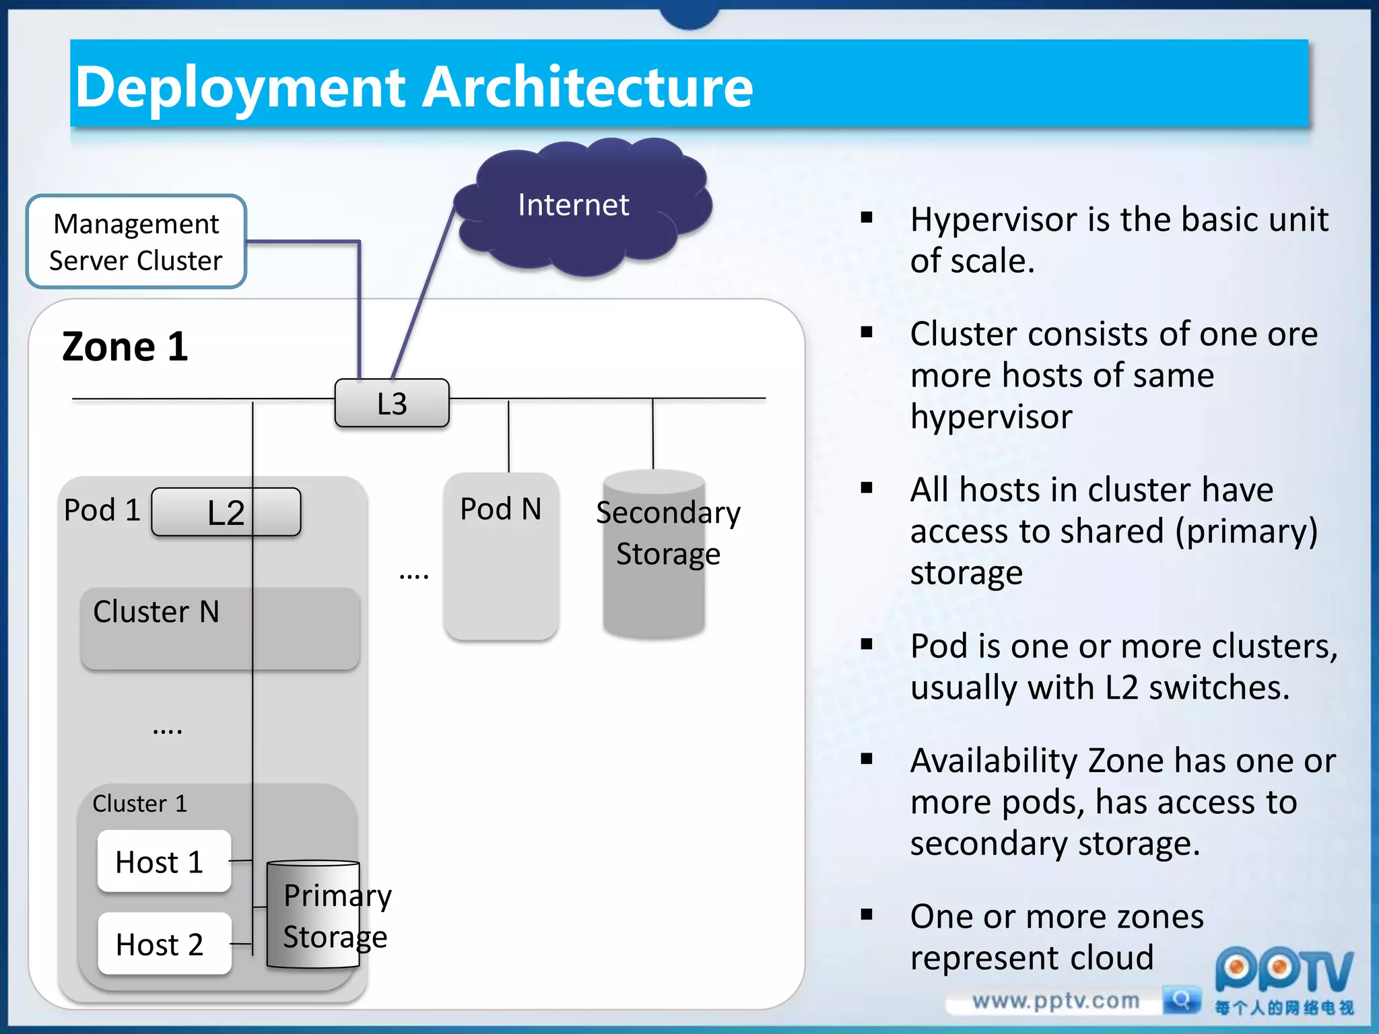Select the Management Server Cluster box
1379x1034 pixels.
[136, 242]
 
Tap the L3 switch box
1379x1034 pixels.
[392, 403]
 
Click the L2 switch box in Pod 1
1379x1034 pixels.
[226, 512]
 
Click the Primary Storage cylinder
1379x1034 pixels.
[314, 916]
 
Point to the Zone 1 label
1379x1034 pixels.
[125, 347]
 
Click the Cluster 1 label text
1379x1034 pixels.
[139, 804]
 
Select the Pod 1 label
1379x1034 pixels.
[102, 510]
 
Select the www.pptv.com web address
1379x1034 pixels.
[1055, 1001]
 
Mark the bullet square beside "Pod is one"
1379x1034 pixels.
[867, 644]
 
